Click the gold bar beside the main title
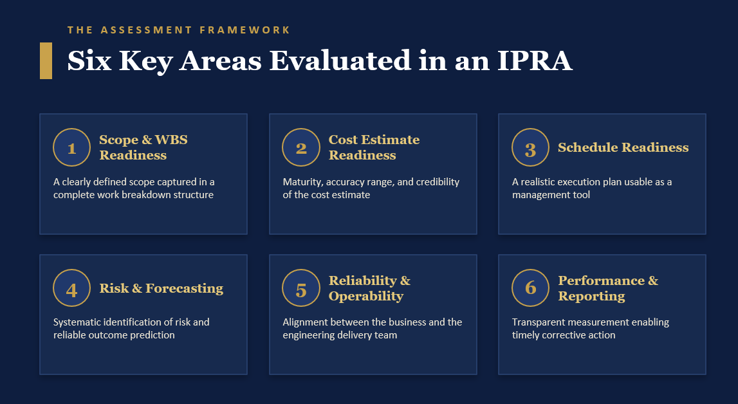[x=46, y=60]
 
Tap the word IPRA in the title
[x=535, y=60]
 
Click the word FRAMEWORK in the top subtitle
[x=244, y=30]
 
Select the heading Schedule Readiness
[x=623, y=147]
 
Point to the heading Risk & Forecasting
[x=161, y=288]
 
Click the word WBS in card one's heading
[x=171, y=140]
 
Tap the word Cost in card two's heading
[x=343, y=140]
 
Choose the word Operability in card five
[x=365, y=297]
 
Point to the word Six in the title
[x=89, y=60]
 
